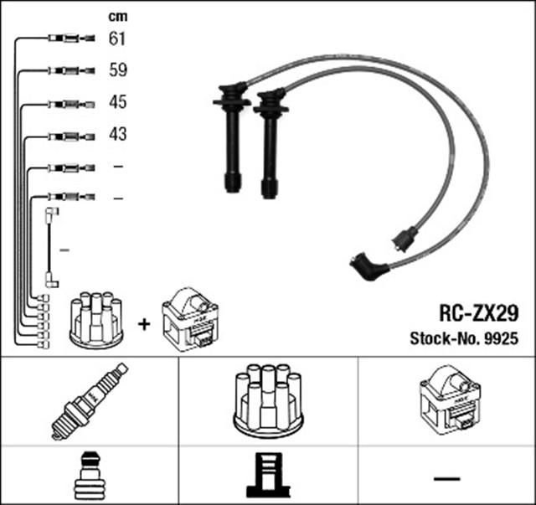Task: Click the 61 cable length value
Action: [x=117, y=39]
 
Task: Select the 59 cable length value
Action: [x=117, y=70]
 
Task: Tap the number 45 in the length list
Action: [x=117, y=102]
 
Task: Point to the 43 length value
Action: [x=117, y=134]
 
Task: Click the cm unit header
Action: [x=117, y=16]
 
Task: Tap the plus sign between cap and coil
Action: [x=143, y=322]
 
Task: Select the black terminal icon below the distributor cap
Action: [x=267, y=477]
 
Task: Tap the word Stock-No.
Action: [x=441, y=338]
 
